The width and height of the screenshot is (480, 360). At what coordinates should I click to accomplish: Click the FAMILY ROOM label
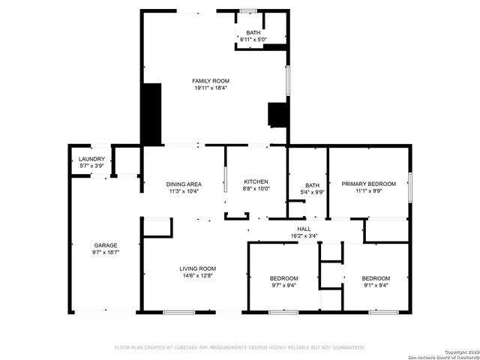pos(210,81)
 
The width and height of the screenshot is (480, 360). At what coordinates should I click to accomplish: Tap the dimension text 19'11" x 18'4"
pos(210,88)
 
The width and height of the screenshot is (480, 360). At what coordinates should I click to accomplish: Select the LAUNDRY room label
pos(91,159)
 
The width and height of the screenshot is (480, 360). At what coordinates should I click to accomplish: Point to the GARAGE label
pos(105,245)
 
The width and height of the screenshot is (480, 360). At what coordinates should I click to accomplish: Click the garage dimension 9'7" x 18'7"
pos(105,253)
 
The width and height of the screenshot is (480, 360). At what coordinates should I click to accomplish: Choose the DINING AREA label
pos(183,184)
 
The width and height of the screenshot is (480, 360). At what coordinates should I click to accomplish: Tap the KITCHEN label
pos(256,182)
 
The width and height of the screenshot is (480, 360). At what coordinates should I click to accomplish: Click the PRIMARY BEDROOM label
pos(368,184)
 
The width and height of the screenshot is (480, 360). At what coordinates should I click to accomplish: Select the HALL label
pos(304,229)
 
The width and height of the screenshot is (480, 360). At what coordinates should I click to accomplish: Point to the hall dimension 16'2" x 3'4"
pos(304,236)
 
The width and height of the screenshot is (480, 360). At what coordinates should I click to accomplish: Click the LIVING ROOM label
pos(197,268)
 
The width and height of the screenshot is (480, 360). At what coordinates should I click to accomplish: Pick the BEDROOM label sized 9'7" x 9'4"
pos(284,278)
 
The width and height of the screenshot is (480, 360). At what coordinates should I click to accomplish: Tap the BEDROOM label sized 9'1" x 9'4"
pos(376,278)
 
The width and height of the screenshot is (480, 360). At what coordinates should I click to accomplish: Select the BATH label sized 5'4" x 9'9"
pos(312,185)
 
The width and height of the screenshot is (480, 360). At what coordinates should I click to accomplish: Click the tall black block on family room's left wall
pos(152,114)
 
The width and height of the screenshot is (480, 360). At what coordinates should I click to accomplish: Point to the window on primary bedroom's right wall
pos(409,187)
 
